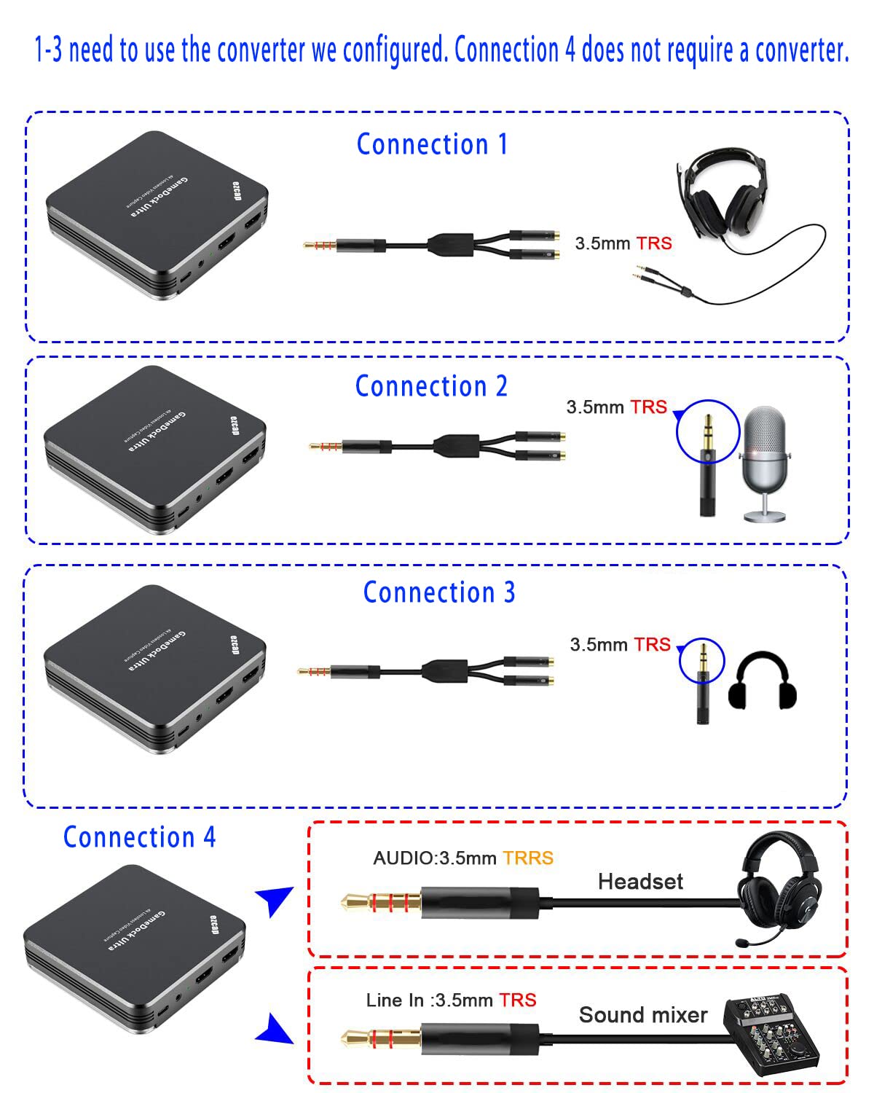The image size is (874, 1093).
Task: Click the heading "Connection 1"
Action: click(x=431, y=144)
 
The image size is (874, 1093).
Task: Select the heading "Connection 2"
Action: click(x=431, y=386)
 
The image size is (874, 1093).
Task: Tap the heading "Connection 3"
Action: click(x=439, y=592)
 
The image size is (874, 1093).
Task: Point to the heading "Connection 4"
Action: click(x=139, y=837)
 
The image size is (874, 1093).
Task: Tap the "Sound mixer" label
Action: click(x=642, y=1015)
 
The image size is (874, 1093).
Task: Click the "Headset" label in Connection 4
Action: click(x=640, y=882)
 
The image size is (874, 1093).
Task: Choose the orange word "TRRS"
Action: click(x=528, y=858)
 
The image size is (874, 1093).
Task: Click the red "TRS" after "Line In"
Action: click(x=518, y=1000)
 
